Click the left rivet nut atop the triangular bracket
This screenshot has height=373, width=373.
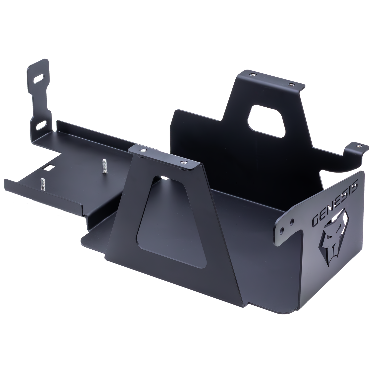[143, 150]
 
